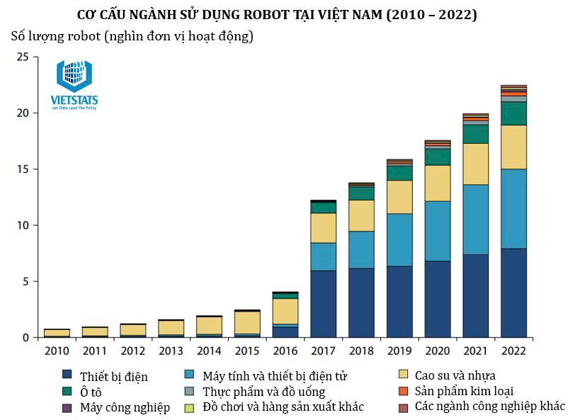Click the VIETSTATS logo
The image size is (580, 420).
pyautogui.click(x=74, y=85)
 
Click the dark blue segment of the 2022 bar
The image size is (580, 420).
pyautogui.click(x=513, y=293)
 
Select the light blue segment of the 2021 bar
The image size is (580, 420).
pyautogui.click(x=475, y=220)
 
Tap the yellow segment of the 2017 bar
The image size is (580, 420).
pyautogui.click(x=324, y=227)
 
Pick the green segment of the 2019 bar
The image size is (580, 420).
pyautogui.click(x=399, y=173)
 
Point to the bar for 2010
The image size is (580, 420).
pyautogui.click(x=57, y=333)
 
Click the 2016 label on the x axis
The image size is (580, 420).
pyautogui.click(x=285, y=351)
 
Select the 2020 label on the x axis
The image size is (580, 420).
pyautogui.click(x=438, y=351)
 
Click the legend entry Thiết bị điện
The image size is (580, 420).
pyautogui.click(x=113, y=376)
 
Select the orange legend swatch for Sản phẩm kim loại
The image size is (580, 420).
pyautogui.click(x=404, y=390)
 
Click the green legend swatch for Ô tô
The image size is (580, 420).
pyautogui.click(x=67, y=391)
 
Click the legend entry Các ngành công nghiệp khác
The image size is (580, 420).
pyautogui.click(x=489, y=406)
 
